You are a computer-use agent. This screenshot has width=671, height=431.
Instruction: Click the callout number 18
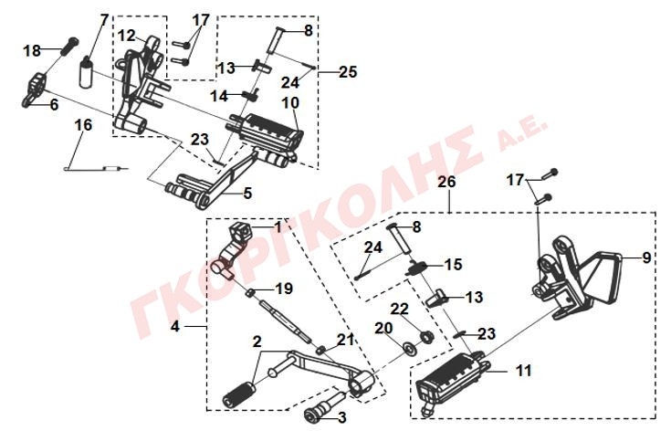32,50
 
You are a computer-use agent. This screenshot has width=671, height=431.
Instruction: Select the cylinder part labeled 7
87,72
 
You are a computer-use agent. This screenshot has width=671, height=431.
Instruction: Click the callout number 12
126,36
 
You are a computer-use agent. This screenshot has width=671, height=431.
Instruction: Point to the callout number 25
348,71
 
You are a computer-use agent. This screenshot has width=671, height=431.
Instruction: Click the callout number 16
83,125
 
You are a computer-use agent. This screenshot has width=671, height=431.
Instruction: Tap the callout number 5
247,193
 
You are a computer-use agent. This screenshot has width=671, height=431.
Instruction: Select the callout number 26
446,182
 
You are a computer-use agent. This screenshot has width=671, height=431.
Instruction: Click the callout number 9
646,258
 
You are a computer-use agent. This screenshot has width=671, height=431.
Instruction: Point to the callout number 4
174,327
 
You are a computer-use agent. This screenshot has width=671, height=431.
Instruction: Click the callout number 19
284,289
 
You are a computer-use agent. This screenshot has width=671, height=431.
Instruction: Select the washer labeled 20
410,348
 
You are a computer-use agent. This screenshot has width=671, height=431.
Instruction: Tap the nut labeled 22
425,336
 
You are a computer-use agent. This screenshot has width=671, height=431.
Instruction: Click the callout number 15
454,265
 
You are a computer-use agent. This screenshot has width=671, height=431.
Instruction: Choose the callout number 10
290,102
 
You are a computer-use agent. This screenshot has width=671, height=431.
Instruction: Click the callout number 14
219,96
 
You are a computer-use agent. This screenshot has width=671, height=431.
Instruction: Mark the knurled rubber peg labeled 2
239,394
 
